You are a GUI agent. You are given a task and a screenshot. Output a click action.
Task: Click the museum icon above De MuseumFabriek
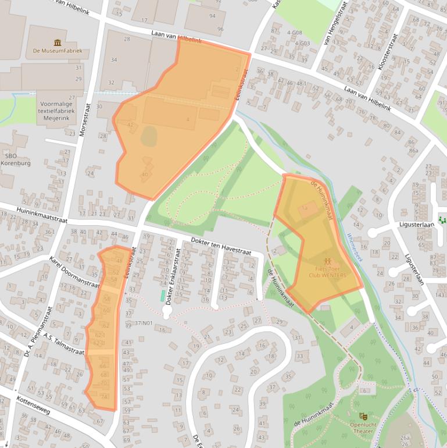click(57, 42)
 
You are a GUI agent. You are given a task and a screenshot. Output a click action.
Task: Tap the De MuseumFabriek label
click(57, 51)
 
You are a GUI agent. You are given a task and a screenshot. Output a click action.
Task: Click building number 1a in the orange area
click(304, 208)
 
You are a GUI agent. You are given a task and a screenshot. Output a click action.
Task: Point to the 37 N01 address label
click(144, 323)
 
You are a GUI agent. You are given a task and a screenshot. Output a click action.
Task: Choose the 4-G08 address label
click(294, 33)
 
